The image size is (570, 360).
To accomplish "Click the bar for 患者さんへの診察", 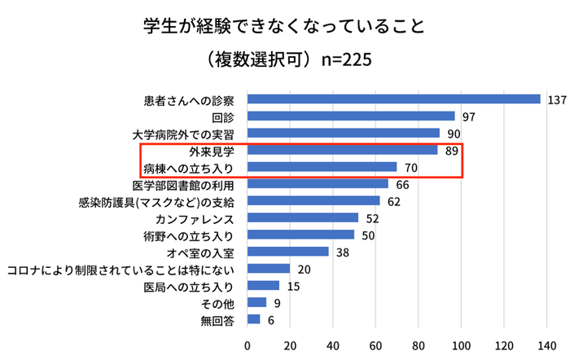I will pos(393,99).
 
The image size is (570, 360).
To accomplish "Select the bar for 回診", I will pos(351,116).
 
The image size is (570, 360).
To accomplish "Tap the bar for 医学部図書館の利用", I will pos(318,184).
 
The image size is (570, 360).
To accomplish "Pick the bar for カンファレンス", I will pos(303,217).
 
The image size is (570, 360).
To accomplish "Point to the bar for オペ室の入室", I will pos(287,252).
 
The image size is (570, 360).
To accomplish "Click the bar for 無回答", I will pos(253,319).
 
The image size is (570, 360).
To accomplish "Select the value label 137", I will pos(557,100).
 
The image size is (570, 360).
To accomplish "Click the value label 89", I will pos(453,151).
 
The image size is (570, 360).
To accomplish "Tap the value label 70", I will pos(412,168).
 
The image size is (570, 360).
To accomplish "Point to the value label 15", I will pos(293,286).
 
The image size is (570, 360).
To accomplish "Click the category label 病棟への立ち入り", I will pos(189,168).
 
